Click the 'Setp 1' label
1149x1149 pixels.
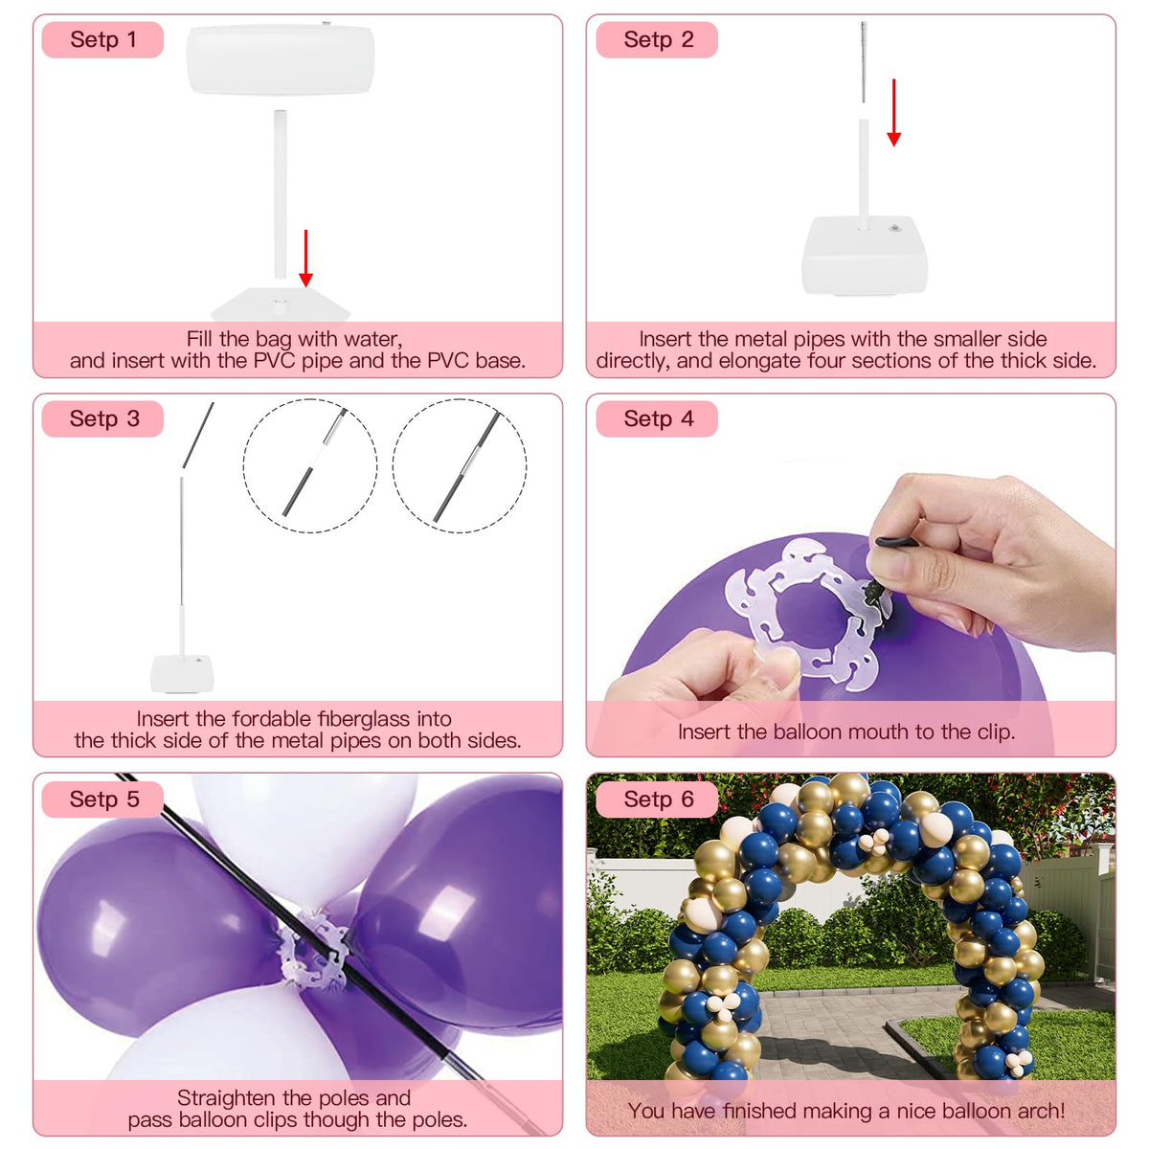click(x=103, y=40)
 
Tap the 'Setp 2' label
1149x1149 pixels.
click(x=658, y=40)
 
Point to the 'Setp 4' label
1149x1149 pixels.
click(x=658, y=418)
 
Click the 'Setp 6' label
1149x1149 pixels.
click(x=658, y=799)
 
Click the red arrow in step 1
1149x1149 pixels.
click(x=305, y=258)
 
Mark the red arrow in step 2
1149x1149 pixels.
click(x=893, y=112)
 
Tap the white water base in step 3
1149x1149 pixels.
click(x=182, y=674)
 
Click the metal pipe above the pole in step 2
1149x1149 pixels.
click(x=864, y=62)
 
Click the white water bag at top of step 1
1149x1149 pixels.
click(x=281, y=59)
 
